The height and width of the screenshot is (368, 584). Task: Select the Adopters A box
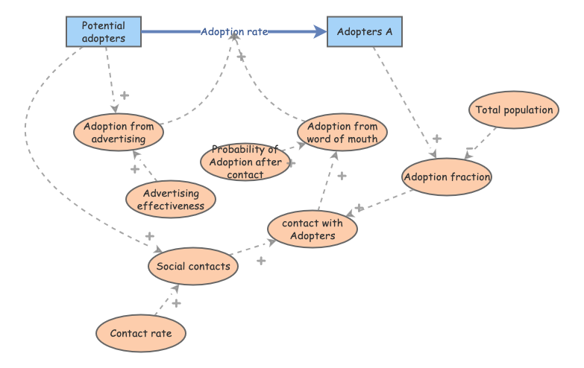point(365,32)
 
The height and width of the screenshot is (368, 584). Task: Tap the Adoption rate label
point(234,32)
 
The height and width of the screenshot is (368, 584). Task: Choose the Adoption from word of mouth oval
point(342,132)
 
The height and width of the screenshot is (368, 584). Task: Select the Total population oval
point(515,110)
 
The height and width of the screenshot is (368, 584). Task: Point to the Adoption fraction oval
point(447,177)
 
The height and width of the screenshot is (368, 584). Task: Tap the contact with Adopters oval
point(313,229)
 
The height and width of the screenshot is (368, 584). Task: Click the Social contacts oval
point(193,265)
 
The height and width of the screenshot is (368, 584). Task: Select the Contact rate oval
point(140,334)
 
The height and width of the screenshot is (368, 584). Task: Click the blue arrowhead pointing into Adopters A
point(320,32)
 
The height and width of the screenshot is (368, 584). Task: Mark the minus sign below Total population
point(469,149)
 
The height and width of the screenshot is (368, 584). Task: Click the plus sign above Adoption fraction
point(436,139)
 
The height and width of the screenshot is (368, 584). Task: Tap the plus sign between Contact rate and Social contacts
point(176,303)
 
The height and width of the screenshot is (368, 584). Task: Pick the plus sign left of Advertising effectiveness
point(134,170)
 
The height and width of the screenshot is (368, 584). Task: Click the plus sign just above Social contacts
point(149,236)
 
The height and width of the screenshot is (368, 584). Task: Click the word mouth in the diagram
point(363,138)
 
